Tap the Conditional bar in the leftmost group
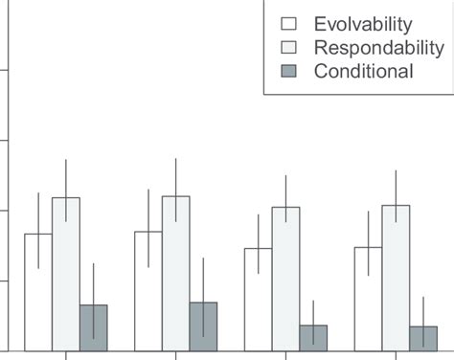click(93, 328)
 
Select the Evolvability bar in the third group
click(258, 300)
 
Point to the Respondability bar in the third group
click(285, 279)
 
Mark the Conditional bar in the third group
click(313, 338)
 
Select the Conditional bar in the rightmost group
click(423, 339)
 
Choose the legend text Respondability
click(373, 48)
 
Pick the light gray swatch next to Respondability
click(289, 48)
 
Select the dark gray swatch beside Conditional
click(289, 72)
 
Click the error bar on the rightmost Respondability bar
click(396, 187)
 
